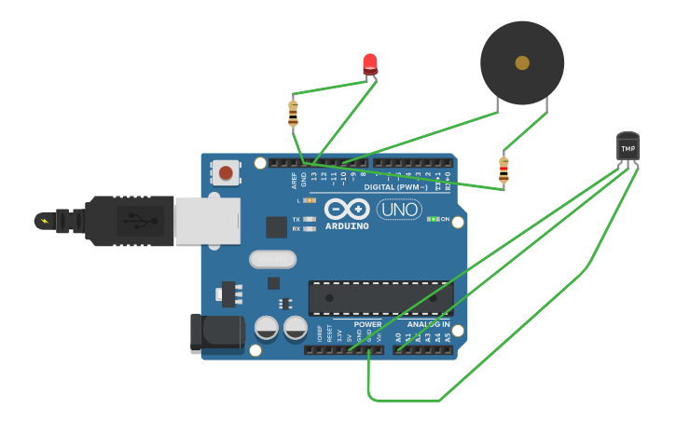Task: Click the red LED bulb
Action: pos(370,63)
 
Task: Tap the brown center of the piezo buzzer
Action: pos(522,62)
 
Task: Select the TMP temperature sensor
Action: pos(628,147)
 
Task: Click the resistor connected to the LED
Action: pos(293,114)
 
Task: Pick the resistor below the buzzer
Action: pos(504,170)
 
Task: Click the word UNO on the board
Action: pos(399,210)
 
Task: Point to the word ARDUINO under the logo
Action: pos(347,226)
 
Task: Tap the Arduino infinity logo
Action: pos(347,209)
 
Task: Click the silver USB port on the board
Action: pos(207,221)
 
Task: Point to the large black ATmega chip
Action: pos(380,298)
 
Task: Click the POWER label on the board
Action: pos(367,324)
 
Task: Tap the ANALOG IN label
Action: pos(428,324)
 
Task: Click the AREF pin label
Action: pos(294,179)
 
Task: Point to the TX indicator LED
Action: pos(310,219)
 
